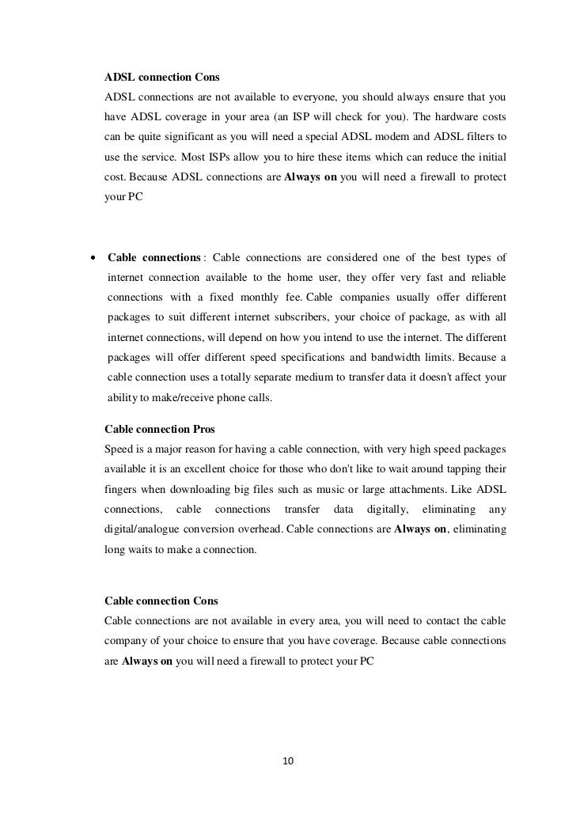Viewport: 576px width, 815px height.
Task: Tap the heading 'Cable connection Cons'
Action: tap(161, 602)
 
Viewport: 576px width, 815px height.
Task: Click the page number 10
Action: tap(288, 761)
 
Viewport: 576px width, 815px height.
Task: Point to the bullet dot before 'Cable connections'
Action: tap(93, 258)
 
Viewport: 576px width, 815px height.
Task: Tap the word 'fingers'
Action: tap(122, 487)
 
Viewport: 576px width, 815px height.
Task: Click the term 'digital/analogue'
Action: tap(149, 526)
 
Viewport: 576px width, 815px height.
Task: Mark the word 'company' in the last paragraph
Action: tap(127, 640)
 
